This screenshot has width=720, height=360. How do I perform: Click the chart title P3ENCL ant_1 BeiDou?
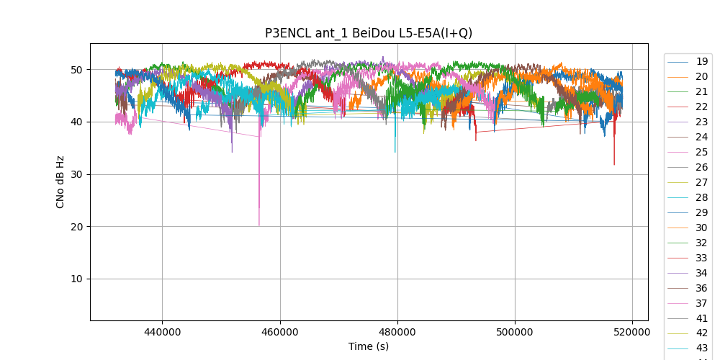pyautogui.click(x=369, y=33)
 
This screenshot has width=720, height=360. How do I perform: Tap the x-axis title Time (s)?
pyautogui.click(x=369, y=346)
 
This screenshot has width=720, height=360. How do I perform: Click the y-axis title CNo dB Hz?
pyautogui.click(x=60, y=182)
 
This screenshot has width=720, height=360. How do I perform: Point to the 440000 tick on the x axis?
pyautogui.click(x=162, y=332)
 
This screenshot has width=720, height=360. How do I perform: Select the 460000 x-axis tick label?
pyautogui.click(x=280, y=332)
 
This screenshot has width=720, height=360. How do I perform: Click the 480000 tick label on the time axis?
pyautogui.click(x=397, y=332)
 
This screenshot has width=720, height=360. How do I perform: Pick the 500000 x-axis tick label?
pyautogui.click(x=516, y=332)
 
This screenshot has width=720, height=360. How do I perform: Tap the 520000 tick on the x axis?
pyautogui.click(x=633, y=332)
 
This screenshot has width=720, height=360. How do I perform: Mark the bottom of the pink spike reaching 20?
pyautogui.click(x=259, y=225)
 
